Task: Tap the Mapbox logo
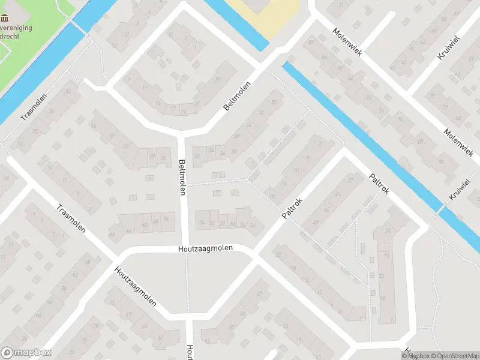[26, 353]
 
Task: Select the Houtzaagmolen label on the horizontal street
[205, 248]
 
